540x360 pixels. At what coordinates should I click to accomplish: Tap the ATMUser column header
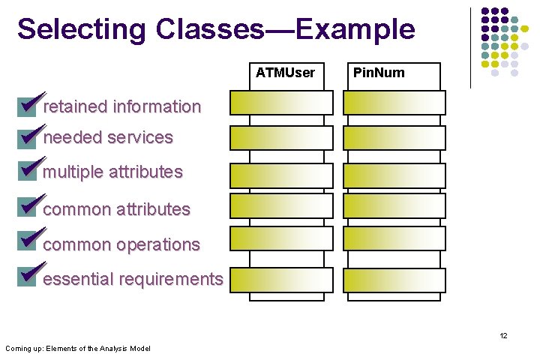285,73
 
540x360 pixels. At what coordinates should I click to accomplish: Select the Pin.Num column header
379,73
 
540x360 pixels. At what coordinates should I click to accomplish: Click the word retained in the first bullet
76,106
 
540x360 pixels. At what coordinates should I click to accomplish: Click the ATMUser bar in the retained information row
281,103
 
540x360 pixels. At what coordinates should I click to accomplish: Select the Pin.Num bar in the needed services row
394,138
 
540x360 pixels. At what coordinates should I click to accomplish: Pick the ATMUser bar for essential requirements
281,280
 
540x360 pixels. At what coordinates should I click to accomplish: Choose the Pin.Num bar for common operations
394,238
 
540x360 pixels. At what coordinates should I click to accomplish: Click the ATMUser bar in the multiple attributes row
281,175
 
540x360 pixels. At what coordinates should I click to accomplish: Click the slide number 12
503,335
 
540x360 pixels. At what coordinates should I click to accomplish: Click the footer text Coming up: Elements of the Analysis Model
77,348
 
